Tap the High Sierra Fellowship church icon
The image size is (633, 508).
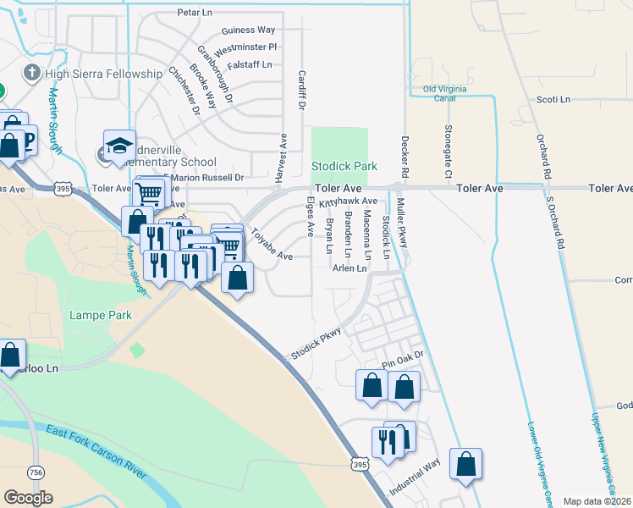32,73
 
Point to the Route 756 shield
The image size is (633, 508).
36,472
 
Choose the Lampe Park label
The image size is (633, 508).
101,315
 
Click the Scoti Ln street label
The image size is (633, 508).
554,99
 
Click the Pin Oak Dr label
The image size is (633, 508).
401,362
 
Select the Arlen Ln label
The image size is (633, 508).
350,268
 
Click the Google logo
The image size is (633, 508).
28,498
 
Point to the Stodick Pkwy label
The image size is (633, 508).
316,344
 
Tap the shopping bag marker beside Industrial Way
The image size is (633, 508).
465,464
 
